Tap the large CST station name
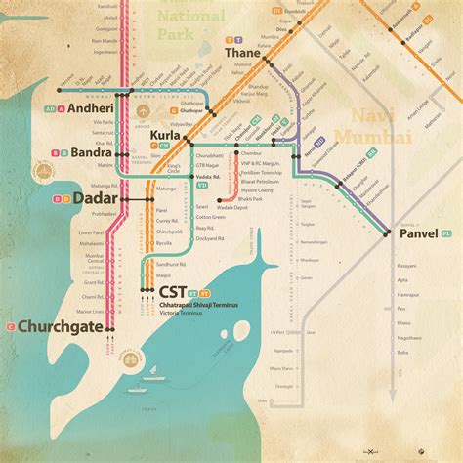point(172,291)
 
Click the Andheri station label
point(95,109)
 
